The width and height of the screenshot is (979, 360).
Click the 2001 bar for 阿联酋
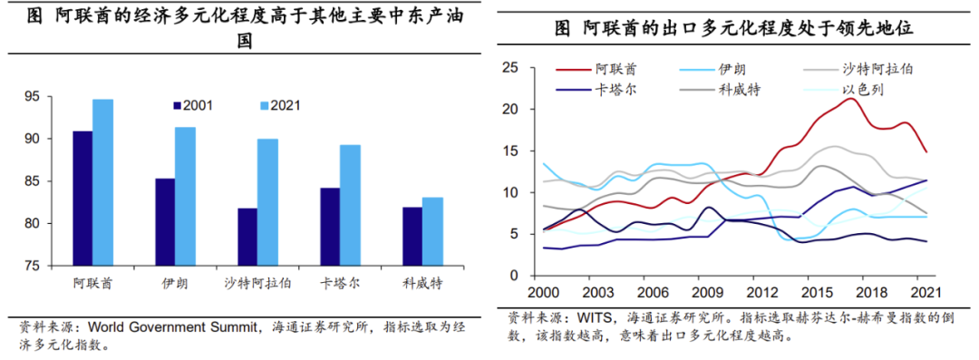82,198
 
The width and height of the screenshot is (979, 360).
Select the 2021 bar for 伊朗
185,196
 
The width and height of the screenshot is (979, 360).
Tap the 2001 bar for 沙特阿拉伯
247,237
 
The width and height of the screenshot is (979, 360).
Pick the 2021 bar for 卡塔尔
350,205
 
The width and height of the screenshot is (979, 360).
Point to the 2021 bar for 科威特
432,231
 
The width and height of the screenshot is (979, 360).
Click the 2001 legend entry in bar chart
193,105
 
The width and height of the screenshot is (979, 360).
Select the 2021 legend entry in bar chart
280,105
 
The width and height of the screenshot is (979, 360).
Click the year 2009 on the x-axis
707,292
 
